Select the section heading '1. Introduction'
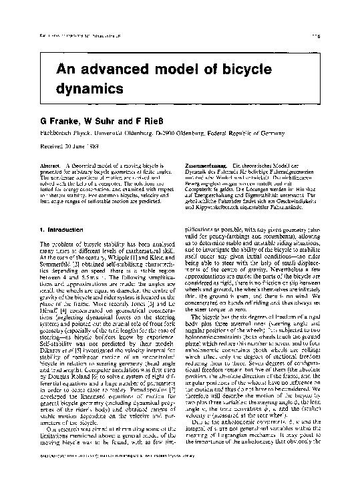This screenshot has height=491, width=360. [66, 229]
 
